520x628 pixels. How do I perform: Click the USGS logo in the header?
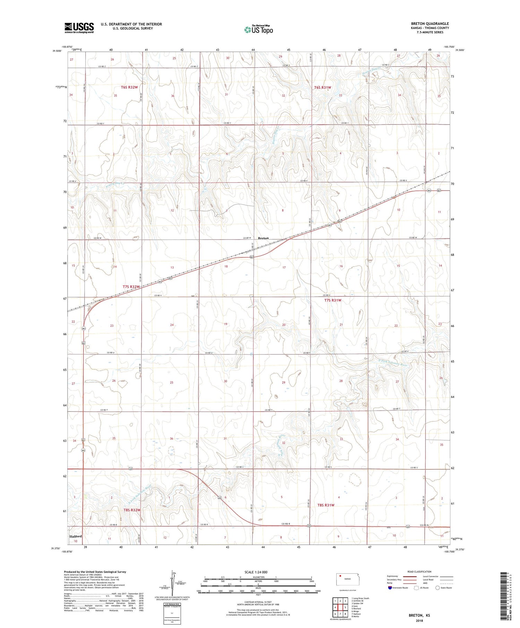tap(79, 28)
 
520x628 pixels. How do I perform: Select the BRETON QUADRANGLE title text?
tap(430, 24)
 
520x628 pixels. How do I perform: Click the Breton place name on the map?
tap(263, 238)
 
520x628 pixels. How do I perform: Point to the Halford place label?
tap(76, 536)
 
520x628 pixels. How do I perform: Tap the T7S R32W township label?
tap(131, 287)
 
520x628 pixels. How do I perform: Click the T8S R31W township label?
tap(326, 505)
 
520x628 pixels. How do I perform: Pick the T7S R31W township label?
tap(333, 300)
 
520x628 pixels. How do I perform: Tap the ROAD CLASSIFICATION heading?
tap(419, 572)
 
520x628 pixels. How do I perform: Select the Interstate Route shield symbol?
tap(390, 588)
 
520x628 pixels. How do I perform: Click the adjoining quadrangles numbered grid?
tap(340, 605)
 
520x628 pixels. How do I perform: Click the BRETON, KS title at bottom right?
tap(419, 615)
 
